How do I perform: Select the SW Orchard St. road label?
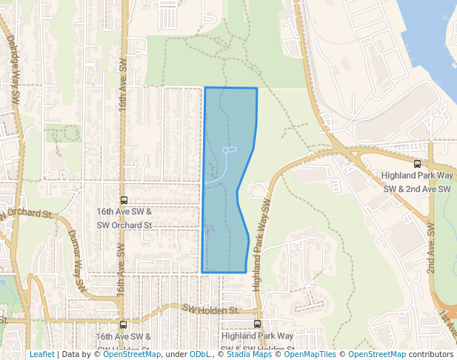27,215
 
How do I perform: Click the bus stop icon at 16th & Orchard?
124,200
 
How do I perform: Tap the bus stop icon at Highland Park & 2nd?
417,164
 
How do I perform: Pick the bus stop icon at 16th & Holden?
123,324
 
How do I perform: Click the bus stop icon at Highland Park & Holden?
258,324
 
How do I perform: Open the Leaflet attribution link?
41,354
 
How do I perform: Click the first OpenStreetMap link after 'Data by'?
132,354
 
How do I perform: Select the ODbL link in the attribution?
200,354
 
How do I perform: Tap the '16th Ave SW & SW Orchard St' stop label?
124,218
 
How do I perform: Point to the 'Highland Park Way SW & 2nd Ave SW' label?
416,182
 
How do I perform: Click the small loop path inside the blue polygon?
228,150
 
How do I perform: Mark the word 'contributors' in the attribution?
431,354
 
